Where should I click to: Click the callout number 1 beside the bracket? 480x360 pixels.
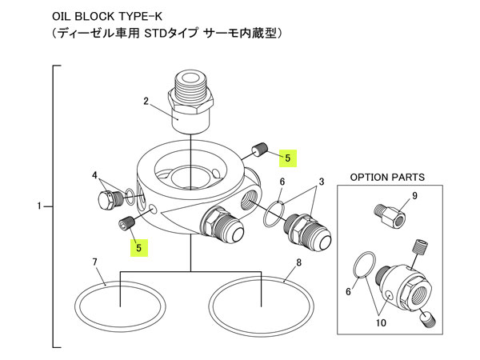tap(39, 207)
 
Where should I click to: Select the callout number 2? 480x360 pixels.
tap(146, 102)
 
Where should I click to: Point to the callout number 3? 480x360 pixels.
tap(321, 183)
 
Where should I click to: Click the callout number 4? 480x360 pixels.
tap(94, 175)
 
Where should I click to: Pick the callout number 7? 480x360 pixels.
tap(94, 262)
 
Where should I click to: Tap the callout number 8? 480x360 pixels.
tap(298, 262)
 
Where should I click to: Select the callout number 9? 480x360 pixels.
tap(415, 195)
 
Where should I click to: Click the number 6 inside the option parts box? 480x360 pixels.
tap(349, 292)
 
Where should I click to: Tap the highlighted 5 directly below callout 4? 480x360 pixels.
tap(139, 248)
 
